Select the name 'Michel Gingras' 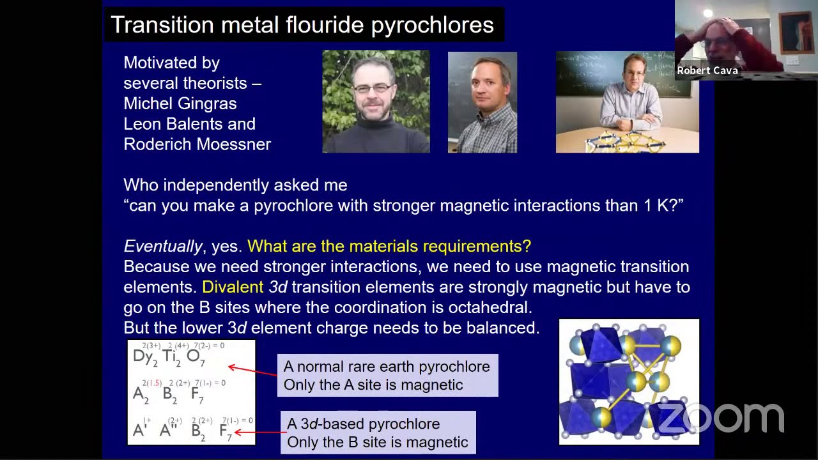click(180, 103)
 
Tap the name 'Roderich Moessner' click(197, 144)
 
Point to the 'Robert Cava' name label click(707, 70)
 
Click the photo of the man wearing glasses click(376, 102)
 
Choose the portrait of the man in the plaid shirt click(482, 102)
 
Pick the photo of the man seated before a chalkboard click(627, 102)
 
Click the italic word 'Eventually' click(163, 246)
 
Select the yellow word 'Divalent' click(233, 287)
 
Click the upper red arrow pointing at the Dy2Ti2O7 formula click(252, 371)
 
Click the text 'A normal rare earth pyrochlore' click(387, 367)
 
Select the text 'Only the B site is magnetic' click(378, 441)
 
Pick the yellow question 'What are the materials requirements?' click(389, 246)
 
